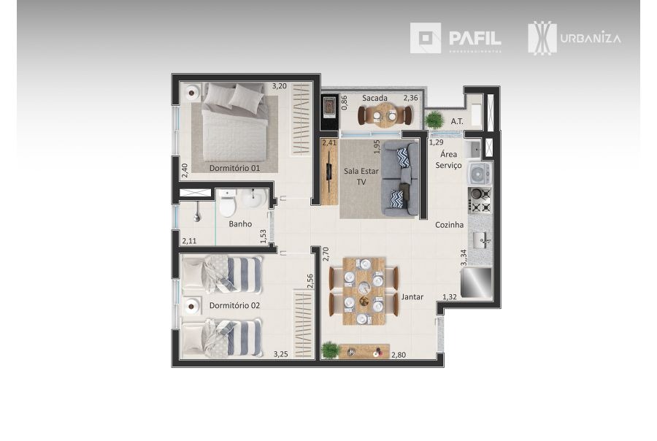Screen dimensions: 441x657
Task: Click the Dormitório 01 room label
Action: [234, 168]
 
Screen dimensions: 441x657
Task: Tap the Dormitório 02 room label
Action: [234, 305]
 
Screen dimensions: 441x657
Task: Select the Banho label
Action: [240, 224]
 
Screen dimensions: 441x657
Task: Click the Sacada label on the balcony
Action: [374, 98]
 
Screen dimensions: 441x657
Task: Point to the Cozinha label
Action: [450, 225]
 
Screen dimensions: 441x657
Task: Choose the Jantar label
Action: [412, 296]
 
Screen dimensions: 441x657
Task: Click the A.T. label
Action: [458, 121]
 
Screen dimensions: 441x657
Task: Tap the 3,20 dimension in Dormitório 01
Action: [279, 85]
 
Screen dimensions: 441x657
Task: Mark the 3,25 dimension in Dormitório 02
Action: [280, 354]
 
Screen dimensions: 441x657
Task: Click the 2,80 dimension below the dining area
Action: [398, 355]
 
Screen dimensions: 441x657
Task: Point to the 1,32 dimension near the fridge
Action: [450, 297]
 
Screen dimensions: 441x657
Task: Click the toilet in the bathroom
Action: [228, 204]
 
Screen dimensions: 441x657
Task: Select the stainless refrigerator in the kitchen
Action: [476, 283]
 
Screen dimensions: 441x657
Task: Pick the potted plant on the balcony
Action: [434, 118]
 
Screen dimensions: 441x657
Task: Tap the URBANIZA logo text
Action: [591, 38]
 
